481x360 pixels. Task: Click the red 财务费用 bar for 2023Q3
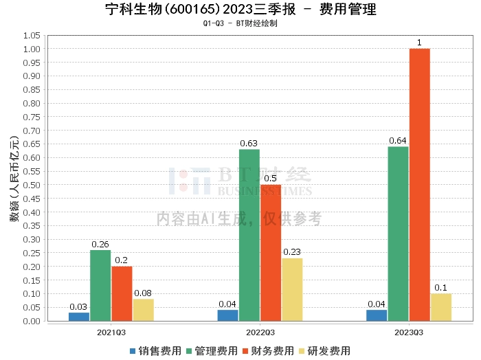(x=419, y=185)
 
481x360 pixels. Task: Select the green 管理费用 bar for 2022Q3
(x=249, y=235)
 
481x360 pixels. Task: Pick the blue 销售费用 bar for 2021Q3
(x=79, y=317)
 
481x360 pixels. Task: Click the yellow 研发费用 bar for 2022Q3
(x=292, y=289)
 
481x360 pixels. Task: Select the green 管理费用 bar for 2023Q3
(x=398, y=234)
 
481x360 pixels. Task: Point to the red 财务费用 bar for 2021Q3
(x=122, y=293)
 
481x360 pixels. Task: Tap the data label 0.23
(x=292, y=252)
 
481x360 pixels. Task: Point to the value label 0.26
(x=100, y=244)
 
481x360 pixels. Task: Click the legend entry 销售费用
(x=157, y=350)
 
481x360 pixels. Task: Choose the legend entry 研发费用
(x=326, y=350)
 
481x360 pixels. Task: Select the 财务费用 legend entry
(x=269, y=350)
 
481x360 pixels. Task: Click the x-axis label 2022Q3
(x=260, y=331)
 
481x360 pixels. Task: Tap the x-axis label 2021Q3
(x=111, y=331)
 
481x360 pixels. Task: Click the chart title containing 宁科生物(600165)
(x=240, y=10)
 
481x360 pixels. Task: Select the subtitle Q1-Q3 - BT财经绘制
(x=240, y=23)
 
